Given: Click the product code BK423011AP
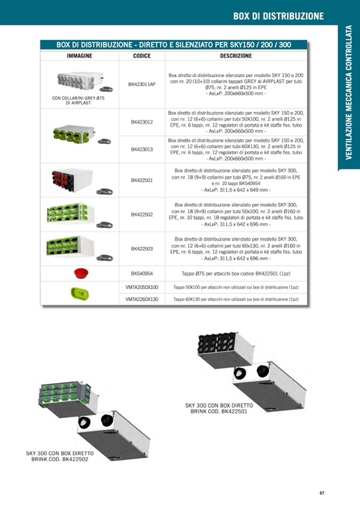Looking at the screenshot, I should coord(142,84).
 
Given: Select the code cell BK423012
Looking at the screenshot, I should coord(142,122).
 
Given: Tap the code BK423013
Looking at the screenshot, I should coord(142,150).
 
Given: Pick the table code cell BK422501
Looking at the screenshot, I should coord(142,180).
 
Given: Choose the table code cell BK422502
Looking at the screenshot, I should coord(142,214).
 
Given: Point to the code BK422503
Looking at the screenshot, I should coord(142,248).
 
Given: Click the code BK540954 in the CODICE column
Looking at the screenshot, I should coord(142,274).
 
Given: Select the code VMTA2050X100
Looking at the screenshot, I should coord(142,287).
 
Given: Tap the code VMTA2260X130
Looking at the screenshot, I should coord(142,299).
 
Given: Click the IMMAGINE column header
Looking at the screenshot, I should coord(80,56).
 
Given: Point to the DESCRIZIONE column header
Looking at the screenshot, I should coord(236,56).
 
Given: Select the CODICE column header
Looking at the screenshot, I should coord(142,56).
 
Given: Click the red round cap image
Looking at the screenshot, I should coord(81,273).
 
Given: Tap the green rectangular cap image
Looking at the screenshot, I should coord(80,293).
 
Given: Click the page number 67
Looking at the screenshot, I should coord(322,493).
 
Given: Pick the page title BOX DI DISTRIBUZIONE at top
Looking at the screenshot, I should coord(278,16).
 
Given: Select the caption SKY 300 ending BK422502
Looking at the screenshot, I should coord(60,456).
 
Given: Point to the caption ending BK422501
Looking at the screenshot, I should coord(219,408).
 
